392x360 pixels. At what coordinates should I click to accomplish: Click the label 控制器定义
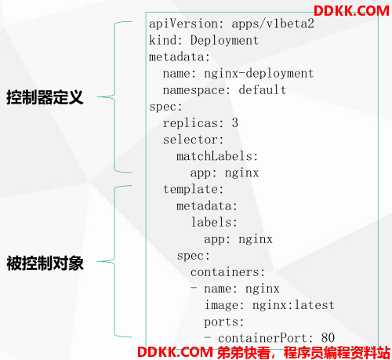pyautogui.click(x=45, y=97)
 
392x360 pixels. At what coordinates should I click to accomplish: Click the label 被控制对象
pyautogui.click(x=45, y=263)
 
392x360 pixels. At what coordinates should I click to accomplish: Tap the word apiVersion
pyautogui.click(x=183, y=24)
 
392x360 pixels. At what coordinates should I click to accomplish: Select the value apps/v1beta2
pyautogui.click(x=273, y=24)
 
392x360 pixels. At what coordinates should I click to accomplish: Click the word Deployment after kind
pyautogui.click(x=224, y=40)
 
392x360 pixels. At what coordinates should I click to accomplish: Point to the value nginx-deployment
pyautogui.click(x=259, y=74)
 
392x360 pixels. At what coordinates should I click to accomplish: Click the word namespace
pyautogui.click(x=194, y=90)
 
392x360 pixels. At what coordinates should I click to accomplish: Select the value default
pyautogui.click(x=263, y=89)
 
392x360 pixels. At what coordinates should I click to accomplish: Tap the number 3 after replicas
pyautogui.click(x=235, y=122)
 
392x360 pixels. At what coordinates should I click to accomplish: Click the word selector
pyautogui.click(x=190, y=140)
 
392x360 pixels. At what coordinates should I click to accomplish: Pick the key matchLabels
pyautogui.click(x=214, y=156)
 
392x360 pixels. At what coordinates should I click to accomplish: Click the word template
pyautogui.click(x=190, y=189)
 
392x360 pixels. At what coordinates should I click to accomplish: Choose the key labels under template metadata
pyautogui.click(x=211, y=222)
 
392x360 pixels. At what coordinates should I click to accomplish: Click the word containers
pyautogui.click(x=224, y=272)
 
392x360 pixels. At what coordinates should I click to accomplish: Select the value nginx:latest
pyautogui.click(x=293, y=305)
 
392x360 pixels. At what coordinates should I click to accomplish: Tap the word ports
pyautogui.click(x=221, y=322)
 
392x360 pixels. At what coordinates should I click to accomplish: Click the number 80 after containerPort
pyautogui.click(x=328, y=338)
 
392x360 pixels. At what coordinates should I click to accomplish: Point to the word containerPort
pyautogui.click(x=262, y=338)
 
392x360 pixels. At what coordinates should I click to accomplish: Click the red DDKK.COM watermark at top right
pyautogui.click(x=351, y=11)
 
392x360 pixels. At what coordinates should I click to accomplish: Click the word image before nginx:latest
pyautogui.click(x=221, y=305)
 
